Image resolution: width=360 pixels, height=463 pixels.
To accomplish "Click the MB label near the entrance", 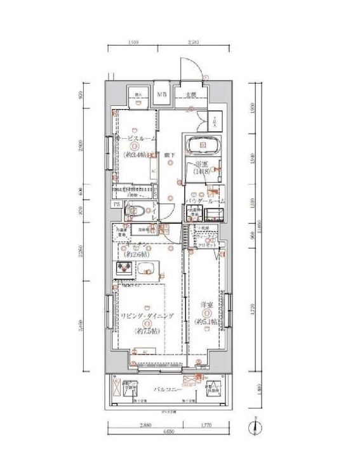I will tap(163, 96).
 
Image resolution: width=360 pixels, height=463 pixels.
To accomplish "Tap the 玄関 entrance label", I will tap(190, 96).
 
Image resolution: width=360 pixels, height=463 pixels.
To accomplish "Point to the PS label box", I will tap(117, 204).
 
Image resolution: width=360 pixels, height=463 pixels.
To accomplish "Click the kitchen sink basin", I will tap(147, 269).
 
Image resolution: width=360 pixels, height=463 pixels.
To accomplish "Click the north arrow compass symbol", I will tap(253, 429).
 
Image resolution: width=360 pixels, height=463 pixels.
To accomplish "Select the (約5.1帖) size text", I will tap(206, 322).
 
